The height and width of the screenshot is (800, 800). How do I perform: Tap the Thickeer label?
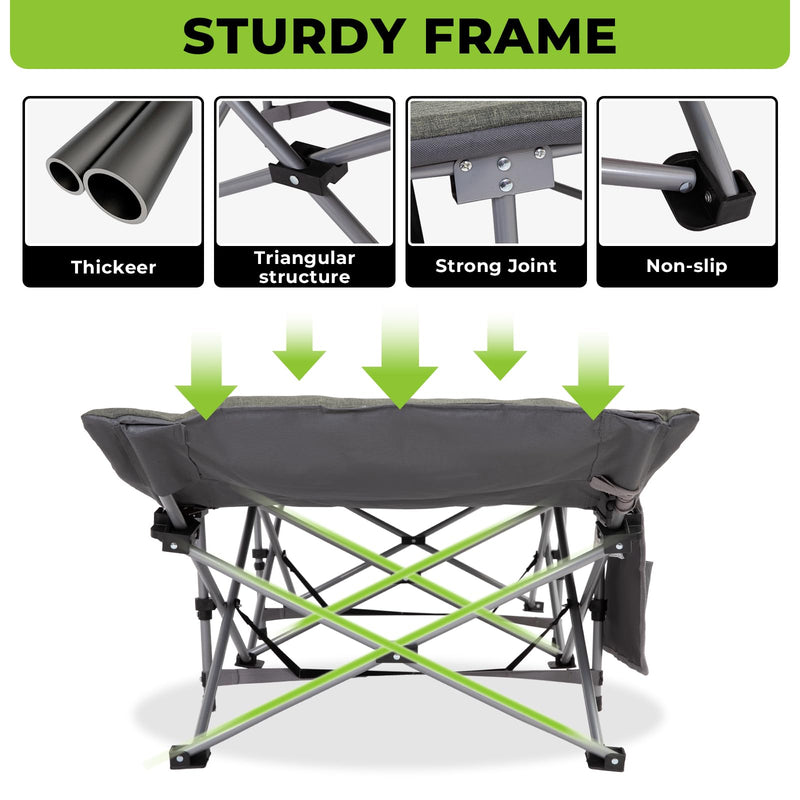[113, 267]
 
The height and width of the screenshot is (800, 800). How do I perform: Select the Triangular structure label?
[304, 267]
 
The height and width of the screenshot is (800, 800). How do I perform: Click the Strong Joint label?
[496, 267]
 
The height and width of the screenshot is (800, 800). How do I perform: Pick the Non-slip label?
[687, 267]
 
